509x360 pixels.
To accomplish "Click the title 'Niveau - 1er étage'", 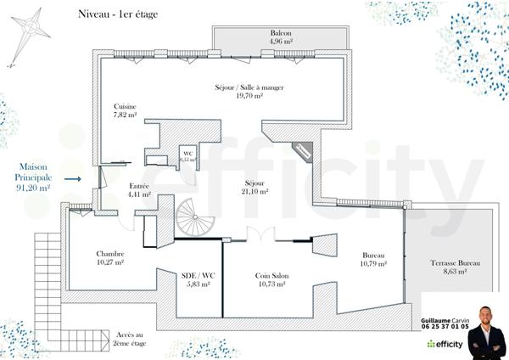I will tap(117, 14).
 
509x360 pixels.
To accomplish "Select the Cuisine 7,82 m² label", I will tap(126, 110).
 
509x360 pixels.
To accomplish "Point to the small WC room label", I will tap(187, 156).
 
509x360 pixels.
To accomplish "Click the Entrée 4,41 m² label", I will tap(139, 189).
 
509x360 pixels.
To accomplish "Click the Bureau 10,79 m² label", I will tap(374, 260).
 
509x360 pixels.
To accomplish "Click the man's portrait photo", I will tap(486, 334).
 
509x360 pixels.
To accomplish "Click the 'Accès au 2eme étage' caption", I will tap(129, 338).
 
